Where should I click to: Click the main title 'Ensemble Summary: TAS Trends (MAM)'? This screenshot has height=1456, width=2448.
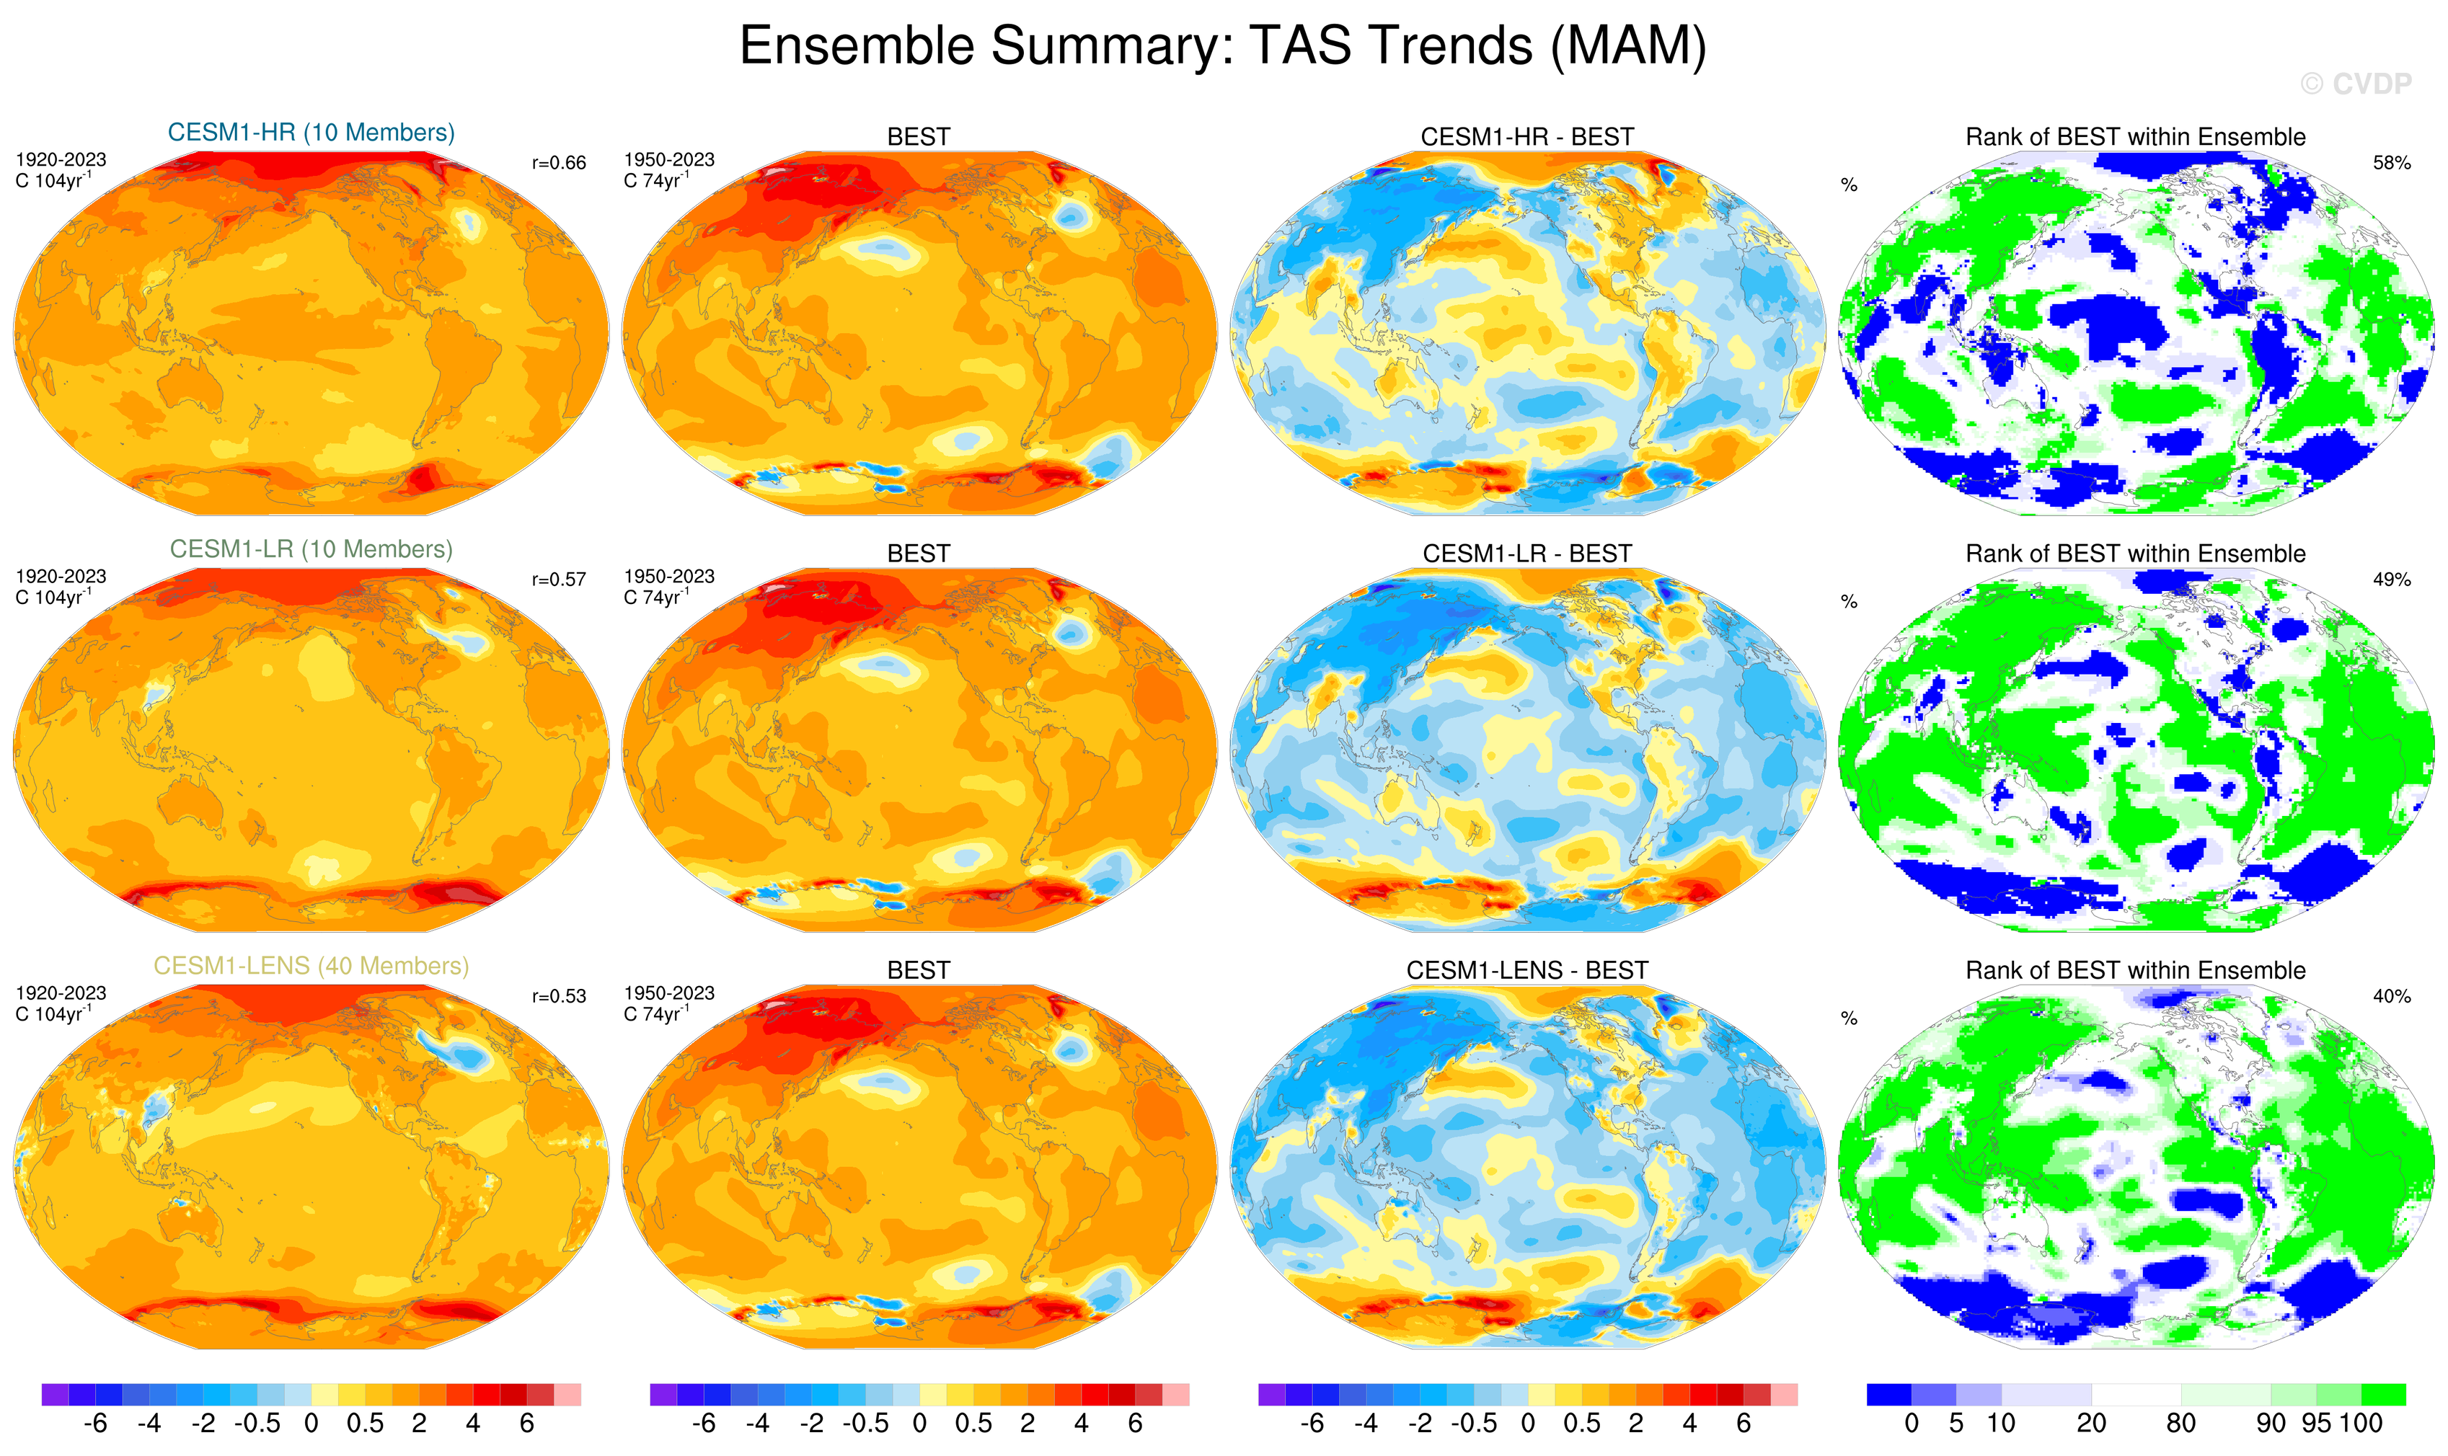(1222, 46)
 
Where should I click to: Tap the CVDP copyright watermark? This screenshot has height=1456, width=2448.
(2355, 84)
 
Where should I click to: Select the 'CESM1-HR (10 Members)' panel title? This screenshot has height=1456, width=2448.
(311, 133)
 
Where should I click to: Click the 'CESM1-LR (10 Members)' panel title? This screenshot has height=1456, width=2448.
(311, 549)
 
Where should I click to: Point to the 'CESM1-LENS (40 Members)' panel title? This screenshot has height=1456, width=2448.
(311, 967)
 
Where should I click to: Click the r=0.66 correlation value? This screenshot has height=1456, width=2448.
(559, 163)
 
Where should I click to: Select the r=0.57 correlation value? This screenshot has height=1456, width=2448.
(559, 580)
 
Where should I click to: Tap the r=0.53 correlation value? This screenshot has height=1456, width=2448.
(559, 997)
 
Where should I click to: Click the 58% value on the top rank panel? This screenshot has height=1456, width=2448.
(2391, 163)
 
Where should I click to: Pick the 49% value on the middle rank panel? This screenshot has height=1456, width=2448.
(2391, 580)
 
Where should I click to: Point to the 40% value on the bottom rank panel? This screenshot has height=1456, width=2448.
(2391, 997)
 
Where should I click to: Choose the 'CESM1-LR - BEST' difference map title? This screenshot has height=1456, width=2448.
(1526, 554)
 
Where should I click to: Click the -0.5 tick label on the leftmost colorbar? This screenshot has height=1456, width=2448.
(257, 1424)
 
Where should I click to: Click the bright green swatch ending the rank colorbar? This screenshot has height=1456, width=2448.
(2382, 1394)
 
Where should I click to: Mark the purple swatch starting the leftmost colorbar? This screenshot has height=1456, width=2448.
(55, 1394)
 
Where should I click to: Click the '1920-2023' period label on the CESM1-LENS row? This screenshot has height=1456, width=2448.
(61, 993)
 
